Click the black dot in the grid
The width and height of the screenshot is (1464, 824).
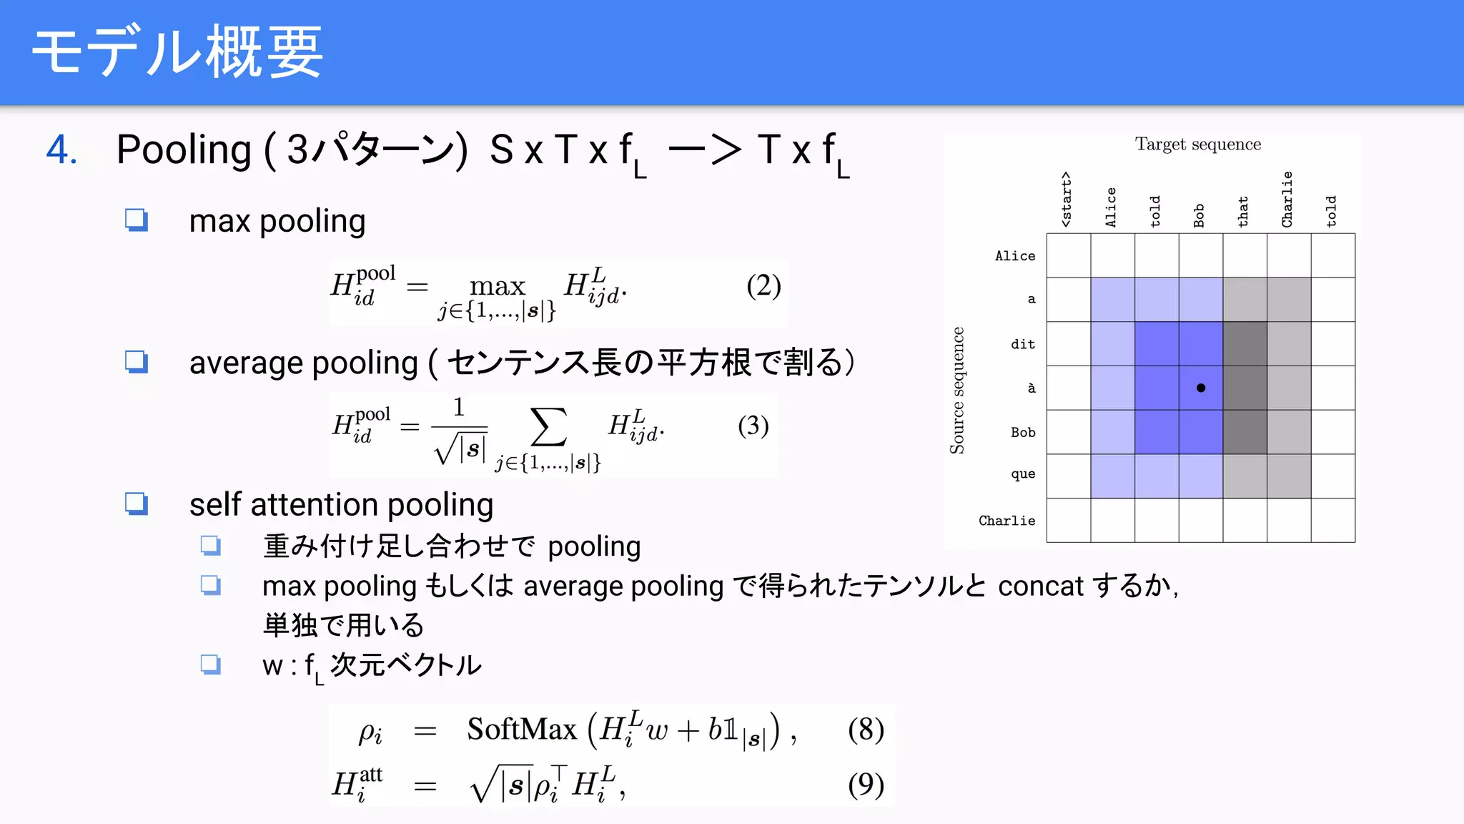pos(1201,388)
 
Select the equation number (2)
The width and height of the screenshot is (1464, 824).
pos(763,286)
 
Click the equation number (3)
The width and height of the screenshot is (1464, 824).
pos(753,426)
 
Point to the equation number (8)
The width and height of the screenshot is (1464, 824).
pos(866,730)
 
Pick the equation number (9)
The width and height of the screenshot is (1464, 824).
pos(866,785)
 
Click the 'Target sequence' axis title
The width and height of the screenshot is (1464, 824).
pos(1198,144)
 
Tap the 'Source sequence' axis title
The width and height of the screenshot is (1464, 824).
pos(956,391)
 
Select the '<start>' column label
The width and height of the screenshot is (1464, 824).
pos(1067,200)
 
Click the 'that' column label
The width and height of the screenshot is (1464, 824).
pos(1243,212)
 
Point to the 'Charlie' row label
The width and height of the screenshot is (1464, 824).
pos(1006,521)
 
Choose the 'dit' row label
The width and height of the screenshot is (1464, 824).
pos(1023,344)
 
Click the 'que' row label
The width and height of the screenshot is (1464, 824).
pos(1023,474)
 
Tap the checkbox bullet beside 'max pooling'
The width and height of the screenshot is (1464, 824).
pos(137,220)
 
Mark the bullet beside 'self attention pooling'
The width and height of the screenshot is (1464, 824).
pos(137,504)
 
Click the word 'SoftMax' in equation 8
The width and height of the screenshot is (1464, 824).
pos(522,730)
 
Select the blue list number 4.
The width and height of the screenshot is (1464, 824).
pos(62,150)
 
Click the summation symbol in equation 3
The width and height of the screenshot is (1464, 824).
pos(548,427)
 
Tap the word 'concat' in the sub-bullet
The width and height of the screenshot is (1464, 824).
pos(1040,587)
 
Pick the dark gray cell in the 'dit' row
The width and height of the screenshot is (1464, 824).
pos(1245,344)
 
